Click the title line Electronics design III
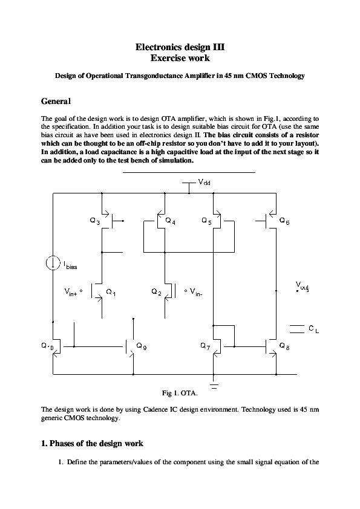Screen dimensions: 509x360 (x=180, y=47)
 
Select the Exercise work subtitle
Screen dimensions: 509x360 (x=180, y=58)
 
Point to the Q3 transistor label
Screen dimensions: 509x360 (x=94, y=222)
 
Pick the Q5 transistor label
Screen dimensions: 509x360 (x=207, y=222)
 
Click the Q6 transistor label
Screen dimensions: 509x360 (x=284, y=222)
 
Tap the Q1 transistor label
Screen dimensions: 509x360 (x=111, y=292)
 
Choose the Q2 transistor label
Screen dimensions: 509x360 (x=156, y=292)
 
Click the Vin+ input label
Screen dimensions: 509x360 (x=73, y=291)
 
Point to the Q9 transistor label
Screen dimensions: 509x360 (x=141, y=346)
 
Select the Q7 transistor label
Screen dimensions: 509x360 (x=205, y=346)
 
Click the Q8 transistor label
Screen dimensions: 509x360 (x=284, y=346)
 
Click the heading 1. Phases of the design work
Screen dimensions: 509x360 (x=91, y=443)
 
